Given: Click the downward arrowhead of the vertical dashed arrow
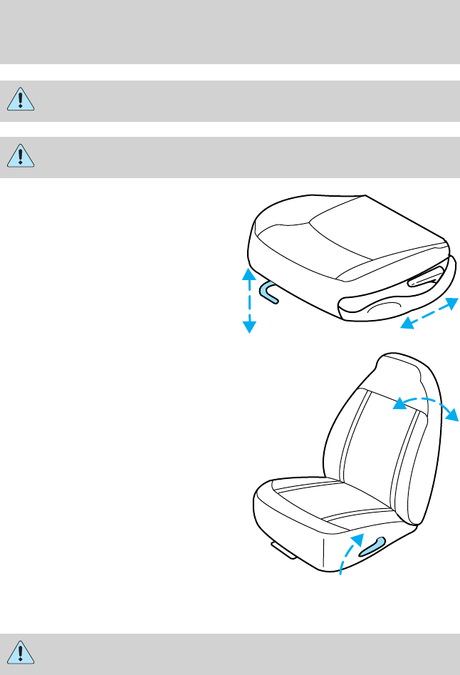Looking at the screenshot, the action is (x=249, y=326).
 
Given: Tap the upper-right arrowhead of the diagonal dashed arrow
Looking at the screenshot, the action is (x=451, y=304).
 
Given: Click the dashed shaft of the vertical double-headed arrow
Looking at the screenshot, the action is (x=249, y=300).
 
